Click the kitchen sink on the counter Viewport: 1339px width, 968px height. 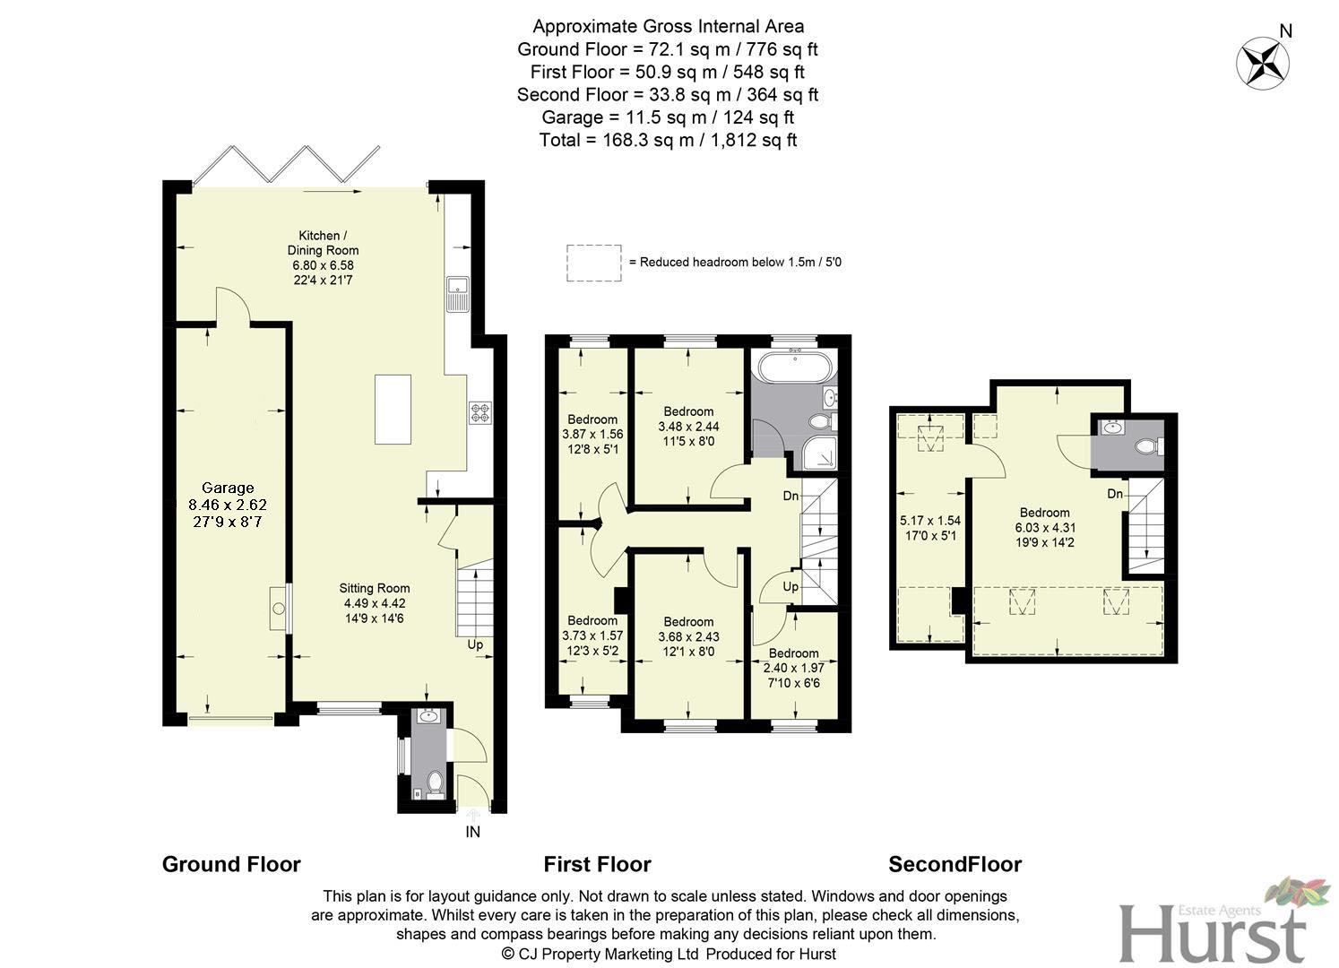458,293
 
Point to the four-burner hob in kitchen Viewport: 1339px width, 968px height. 480,413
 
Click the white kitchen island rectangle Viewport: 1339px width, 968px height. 393,409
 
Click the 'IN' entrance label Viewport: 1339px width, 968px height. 472,832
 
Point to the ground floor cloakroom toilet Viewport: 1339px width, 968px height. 436,782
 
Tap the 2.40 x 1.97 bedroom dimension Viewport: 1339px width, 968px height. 793,668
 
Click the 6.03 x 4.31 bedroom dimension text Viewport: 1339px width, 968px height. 1044,528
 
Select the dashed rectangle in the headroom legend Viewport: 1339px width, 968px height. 593,263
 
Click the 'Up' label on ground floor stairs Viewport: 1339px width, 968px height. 474,644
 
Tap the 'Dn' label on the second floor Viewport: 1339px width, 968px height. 1114,494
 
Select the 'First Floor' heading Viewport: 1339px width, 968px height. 597,864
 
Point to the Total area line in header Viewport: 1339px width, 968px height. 668,140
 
